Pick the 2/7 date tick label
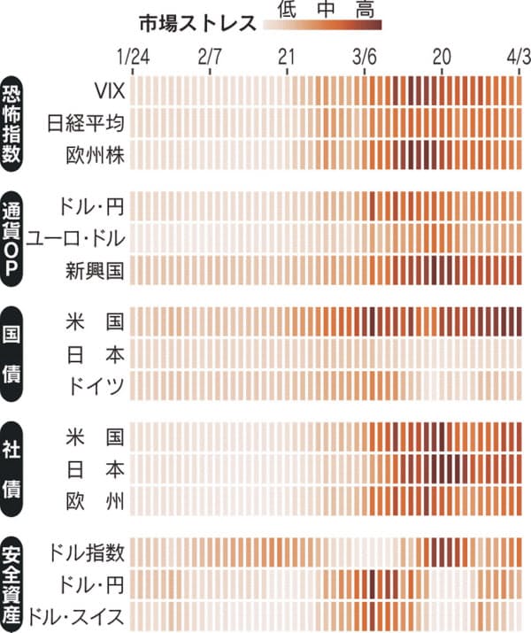pyautogui.click(x=210, y=56)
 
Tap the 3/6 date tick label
pyautogui.click(x=365, y=56)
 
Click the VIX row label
pyautogui.click(x=111, y=90)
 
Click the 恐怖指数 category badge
pyautogui.click(x=15, y=123)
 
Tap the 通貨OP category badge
pyautogui.click(x=15, y=237)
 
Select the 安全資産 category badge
pyautogui.click(x=15, y=583)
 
